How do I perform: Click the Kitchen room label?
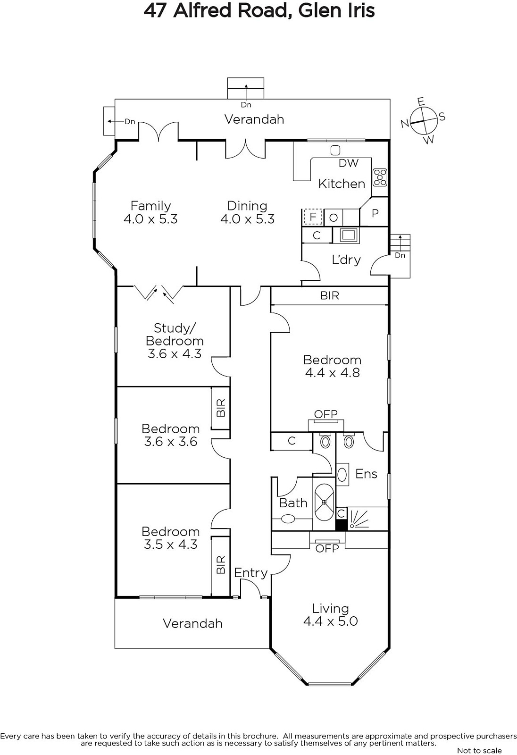pos(342,184)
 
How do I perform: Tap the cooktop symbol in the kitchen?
pos(380,177)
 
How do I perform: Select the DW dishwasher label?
pos(348,163)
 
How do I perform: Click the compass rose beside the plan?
pos(423,120)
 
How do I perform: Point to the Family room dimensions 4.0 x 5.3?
pos(150,219)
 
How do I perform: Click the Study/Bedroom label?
pos(175,335)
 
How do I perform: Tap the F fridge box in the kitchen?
pos(312,217)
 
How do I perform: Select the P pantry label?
pos(375,213)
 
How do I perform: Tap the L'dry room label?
pos(346,260)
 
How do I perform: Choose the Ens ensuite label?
pos(366,474)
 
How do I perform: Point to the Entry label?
pos(251,573)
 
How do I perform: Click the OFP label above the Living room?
pos(327,549)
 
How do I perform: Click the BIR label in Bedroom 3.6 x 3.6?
pos(221,408)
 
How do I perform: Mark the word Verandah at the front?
pos(192,623)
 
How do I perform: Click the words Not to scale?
pos(479,750)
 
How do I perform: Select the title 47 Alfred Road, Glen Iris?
pos(259,11)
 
